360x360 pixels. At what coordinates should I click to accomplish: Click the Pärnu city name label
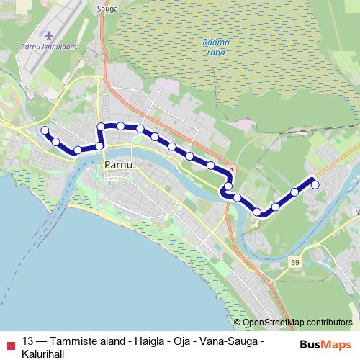click(x=110, y=165)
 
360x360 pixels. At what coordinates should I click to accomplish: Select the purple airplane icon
click(x=48, y=35)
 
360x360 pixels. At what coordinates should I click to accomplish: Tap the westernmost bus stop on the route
click(x=45, y=130)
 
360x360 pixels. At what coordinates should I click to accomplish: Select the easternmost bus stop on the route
click(x=315, y=185)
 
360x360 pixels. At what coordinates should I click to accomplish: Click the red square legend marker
click(x=9, y=341)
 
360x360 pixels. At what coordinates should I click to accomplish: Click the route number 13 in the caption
click(x=28, y=341)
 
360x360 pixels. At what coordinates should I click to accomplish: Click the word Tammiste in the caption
click(x=73, y=341)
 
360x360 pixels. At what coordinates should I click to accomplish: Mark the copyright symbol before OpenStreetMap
click(x=238, y=323)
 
